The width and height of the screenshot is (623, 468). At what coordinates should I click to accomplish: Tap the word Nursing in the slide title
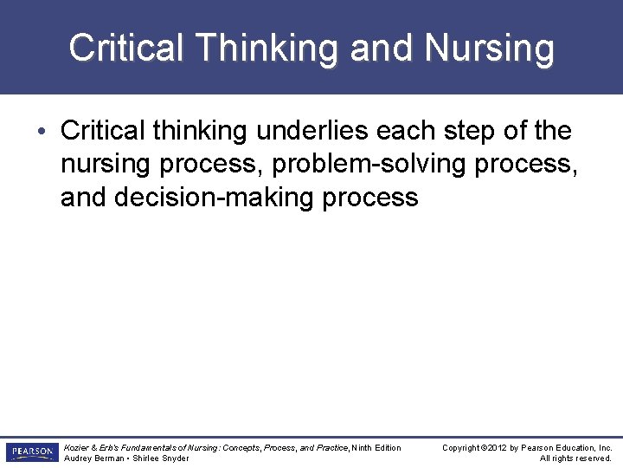tap(490, 48)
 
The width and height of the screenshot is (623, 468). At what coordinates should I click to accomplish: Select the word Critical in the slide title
tap(125, 48)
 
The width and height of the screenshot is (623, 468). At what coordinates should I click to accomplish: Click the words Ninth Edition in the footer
tap(376, 447)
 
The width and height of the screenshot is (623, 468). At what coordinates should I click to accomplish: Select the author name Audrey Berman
tap(93, 458)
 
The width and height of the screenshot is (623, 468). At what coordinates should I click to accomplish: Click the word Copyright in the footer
tap(462, 447)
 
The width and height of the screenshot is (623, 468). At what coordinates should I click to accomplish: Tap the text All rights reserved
tap(575, 458)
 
